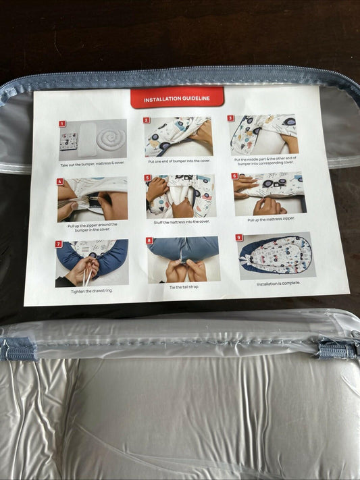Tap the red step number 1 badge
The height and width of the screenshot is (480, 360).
(x=61, y=124)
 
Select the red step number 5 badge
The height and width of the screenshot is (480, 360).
(x=147, y=178)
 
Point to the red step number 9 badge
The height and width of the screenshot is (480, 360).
(x=239, y=238)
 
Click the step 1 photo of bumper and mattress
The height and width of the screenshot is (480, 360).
(x=93, y=140)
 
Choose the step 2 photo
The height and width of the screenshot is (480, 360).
(x=178, y=137)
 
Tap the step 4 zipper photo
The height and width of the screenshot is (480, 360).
(x=92, y=199)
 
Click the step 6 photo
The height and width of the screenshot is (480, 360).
(x=267, y=194)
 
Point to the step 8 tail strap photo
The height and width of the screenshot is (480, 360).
(x=183, y=259)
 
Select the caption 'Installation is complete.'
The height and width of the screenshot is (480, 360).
(x=278, y=284)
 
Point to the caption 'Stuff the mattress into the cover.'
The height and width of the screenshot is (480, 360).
(x=181, y=221)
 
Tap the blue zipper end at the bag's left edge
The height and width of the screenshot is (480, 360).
(x=18, y=349)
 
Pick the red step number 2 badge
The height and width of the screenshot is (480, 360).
(x=146, y=121)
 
